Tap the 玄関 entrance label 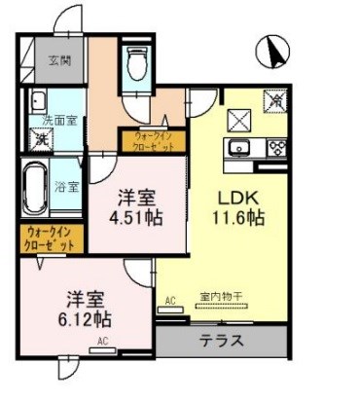click(60, 60)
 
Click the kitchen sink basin click(238, 149)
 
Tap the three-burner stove click(274, 149)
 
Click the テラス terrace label click(223, 342)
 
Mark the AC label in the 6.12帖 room click(100, 341)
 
